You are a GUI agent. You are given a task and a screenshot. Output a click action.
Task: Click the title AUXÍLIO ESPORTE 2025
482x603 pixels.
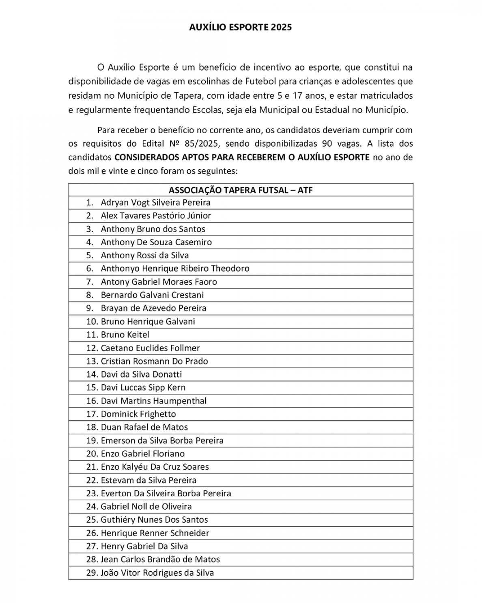241,27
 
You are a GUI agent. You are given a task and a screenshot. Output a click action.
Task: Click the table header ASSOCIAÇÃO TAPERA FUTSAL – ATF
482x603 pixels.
241,190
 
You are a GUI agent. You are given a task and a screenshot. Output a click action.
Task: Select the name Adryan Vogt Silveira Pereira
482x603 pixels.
155,202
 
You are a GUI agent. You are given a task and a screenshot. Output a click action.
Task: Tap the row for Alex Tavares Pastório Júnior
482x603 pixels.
156,216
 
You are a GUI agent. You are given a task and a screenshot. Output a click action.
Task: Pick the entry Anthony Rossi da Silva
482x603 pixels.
144,255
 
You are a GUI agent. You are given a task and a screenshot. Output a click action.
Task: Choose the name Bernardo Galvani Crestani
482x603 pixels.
152,295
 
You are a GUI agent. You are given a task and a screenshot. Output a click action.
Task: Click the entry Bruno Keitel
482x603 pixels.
125,335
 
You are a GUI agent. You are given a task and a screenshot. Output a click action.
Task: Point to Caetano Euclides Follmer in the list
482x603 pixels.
150,348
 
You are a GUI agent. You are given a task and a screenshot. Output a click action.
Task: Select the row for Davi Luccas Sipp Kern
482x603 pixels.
143,387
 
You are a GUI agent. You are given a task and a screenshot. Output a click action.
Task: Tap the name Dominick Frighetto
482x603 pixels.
138,414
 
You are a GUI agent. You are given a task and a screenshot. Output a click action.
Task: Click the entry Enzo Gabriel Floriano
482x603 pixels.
142,454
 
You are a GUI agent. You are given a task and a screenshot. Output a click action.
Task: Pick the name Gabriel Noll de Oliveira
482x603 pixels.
146,506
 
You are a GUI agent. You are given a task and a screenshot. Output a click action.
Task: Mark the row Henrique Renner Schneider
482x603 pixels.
155,533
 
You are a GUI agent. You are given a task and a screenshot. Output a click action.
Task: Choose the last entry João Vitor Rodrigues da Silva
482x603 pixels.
157,573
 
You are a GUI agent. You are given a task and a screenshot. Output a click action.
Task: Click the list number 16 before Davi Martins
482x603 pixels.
92,401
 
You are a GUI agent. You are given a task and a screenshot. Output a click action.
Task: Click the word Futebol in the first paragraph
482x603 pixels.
260,81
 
